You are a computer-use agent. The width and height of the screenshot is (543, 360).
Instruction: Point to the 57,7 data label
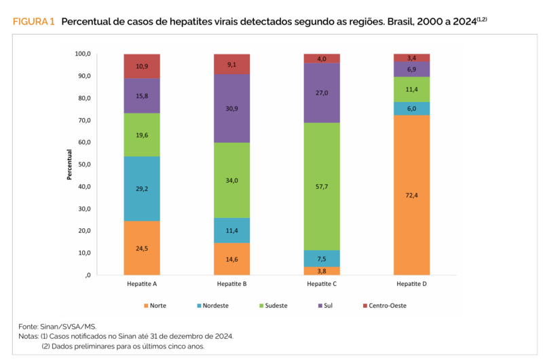322,185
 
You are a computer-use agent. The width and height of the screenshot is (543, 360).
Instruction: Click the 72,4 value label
411,195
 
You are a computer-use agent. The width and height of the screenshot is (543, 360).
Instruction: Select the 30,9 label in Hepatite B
232,108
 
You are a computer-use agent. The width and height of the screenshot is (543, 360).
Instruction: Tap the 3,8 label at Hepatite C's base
322,271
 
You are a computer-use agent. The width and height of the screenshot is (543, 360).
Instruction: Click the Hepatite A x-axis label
142,283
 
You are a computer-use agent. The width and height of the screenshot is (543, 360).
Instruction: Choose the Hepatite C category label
322,283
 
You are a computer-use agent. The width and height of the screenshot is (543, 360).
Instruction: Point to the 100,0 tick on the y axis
83,54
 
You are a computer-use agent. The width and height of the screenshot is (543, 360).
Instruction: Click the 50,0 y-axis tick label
84,164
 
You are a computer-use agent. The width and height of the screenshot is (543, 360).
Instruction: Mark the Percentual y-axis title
69,164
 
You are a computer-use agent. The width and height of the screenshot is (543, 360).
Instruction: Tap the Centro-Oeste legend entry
386,306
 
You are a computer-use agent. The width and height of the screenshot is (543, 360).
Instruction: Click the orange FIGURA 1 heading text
33,22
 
